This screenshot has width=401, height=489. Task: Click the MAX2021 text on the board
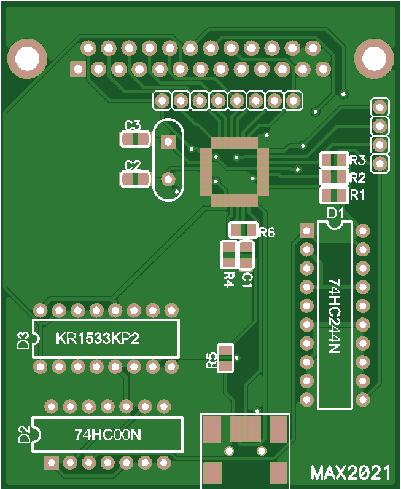(351, 472)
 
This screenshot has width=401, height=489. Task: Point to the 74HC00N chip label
(107, 435)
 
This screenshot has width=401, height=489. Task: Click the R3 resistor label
(357, 161)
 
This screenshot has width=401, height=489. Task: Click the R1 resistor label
(357, 196)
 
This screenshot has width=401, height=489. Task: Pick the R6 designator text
(267, 233)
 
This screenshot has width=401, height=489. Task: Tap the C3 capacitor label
(133, 126)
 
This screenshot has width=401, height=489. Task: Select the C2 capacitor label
(133, 165)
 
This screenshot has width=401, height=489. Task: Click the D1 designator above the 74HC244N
(335, 213)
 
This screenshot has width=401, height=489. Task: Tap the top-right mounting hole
(374, 58)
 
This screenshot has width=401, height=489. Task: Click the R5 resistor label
(212, 360)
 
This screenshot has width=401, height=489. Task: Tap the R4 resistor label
(228, 279)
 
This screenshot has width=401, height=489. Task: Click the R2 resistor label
(357, 178)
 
